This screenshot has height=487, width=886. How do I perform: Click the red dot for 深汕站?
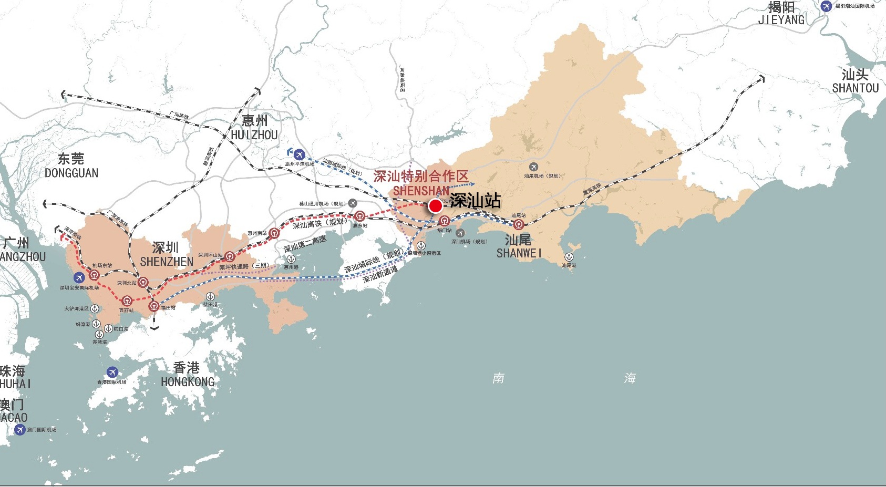(435, 205)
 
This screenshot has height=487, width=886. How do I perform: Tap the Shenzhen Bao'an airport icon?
(79, 278)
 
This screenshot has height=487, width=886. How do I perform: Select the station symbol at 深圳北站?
(143, 282)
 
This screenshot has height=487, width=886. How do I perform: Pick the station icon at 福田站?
(153, 306)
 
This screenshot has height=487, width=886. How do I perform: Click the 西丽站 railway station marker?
(127, 301)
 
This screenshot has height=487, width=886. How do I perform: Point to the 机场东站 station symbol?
(94, 274)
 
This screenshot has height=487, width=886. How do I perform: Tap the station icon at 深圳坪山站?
(230, 256)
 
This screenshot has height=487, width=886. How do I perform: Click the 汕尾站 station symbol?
(519, 224)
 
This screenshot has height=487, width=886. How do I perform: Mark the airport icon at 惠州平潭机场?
(300, 154)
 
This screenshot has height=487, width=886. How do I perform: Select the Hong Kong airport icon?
(112, 372)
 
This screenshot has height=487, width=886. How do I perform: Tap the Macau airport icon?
(20, 430)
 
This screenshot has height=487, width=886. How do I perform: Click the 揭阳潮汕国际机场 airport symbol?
(826, 6)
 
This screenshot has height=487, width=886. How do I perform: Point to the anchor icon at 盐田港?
(210, 297)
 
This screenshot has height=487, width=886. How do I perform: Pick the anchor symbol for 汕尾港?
(569, 257)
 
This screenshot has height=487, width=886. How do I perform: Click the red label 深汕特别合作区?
(420, 176)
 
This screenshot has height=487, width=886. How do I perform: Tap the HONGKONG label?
(188, 382)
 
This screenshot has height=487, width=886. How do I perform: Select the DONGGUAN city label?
(71, 173)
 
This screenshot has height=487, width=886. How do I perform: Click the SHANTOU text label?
(855, 88)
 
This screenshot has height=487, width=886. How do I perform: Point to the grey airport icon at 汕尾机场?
(534, 168)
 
